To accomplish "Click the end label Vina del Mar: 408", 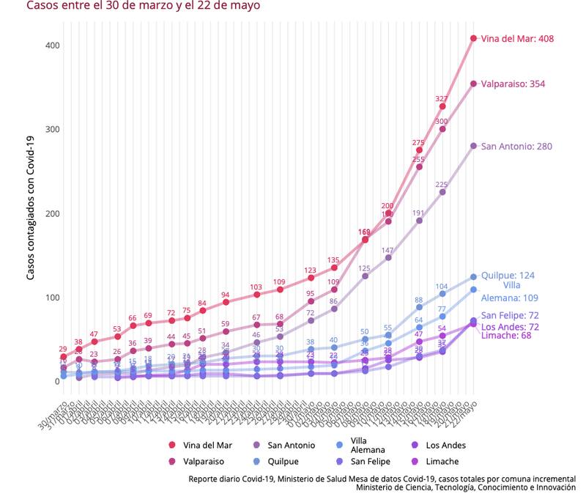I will [516, 38].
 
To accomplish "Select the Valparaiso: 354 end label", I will [513, 84].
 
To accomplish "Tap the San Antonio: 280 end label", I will [516, 147].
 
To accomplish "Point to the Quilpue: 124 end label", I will [508, 276].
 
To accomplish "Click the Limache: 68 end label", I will [505, 336].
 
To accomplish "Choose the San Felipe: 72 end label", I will [510, 315].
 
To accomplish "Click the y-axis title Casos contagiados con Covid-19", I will [31, 207].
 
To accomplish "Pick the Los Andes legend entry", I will [445, 445].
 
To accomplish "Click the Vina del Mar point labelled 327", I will [442, 107].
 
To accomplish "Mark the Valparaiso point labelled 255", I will [419, 167].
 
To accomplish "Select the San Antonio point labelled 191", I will [419, 221].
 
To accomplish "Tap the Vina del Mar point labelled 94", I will [226, 302].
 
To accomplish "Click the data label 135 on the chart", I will [333, 259].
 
